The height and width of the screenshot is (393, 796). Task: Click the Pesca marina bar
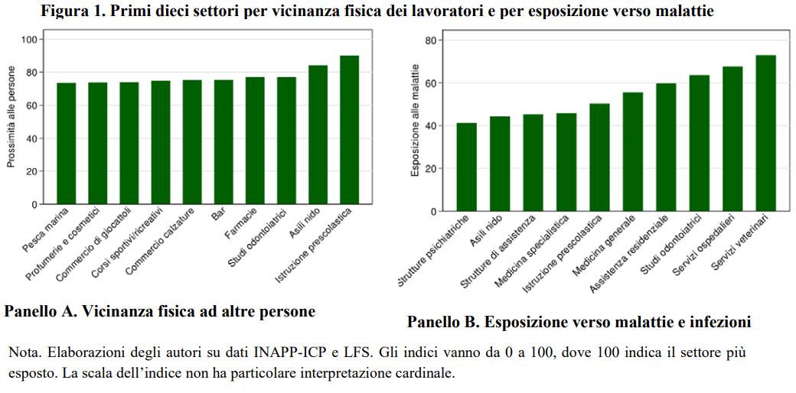pos(67,144)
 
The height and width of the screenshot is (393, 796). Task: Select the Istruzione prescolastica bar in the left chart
pos(349,130)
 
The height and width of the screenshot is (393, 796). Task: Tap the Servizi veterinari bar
pos(765,133)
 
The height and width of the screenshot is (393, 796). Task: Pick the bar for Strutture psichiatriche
pos(467,167)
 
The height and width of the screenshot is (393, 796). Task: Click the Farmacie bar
pos(255,141)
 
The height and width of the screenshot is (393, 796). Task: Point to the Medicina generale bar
pos(633,151)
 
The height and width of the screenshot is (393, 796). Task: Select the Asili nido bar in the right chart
pos(500,164)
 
